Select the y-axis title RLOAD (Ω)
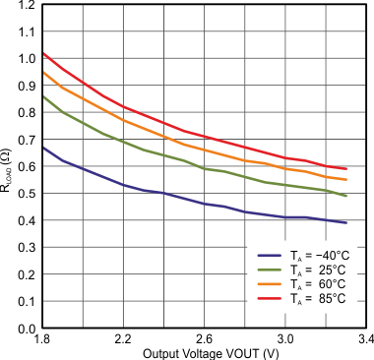[8, 166]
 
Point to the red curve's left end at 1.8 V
[43, 53]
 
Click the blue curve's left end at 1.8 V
[43, 148]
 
